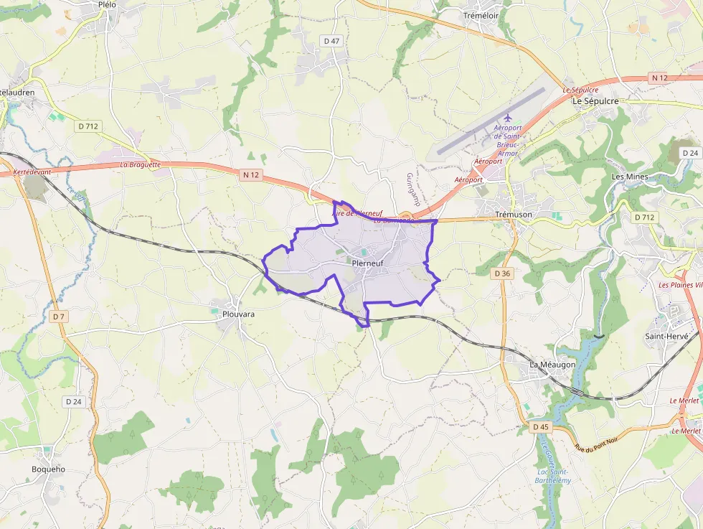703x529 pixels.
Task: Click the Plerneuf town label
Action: [x=368, y=263]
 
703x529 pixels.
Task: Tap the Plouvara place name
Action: [x=238, y=314]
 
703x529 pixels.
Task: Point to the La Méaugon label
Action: [x=552, y=365]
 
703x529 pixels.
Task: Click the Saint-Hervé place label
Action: [x=666, y=336]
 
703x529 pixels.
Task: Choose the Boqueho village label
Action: [x=48, y=469]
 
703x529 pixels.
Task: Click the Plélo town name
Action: [x=107, y=4]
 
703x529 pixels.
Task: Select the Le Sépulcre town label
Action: [x=595, y=102]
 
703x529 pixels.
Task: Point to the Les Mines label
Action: [x=629, y=177]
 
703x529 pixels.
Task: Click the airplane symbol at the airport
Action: [x=508, y=118]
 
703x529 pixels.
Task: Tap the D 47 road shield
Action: [x=331, y=41]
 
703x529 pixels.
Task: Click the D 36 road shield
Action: [x=503, y=273]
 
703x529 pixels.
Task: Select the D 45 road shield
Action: [x=540, y=427]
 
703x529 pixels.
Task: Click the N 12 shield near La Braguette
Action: [x=250, y=174]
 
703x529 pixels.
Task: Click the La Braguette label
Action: [x=141, y=164]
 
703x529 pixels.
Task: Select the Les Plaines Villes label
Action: [x=680, y=285]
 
